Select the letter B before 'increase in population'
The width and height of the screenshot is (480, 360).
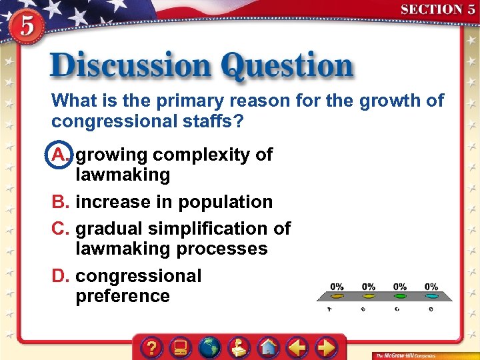[61, 202]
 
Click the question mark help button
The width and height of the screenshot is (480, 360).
[153, 347]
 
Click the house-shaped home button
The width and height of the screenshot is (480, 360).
[268, 347]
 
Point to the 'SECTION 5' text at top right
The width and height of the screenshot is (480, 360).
[437, 9]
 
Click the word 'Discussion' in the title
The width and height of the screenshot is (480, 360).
[131, 67]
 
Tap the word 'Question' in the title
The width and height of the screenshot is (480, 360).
[287, 67]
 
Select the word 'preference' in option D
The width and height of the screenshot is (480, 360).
[123, 296]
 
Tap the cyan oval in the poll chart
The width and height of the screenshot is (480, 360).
[431, 295]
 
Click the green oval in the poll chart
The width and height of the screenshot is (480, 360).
[400, 295]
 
